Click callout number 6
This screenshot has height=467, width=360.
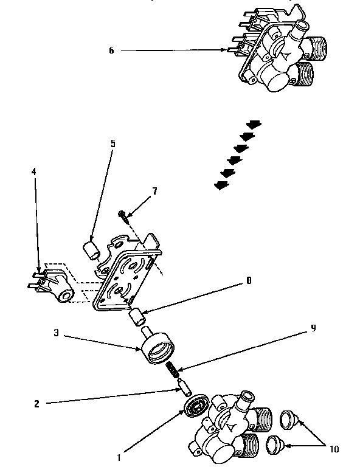[111, 50]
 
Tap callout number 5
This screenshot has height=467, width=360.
[112, 144]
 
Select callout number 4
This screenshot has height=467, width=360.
[35, 172]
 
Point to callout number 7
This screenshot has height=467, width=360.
[154, 191]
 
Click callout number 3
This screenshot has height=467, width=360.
[56, 333]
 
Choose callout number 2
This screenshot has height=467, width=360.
[38, 403]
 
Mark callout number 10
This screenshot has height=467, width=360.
[333, 450]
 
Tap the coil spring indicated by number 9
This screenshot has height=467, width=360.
[173, 368]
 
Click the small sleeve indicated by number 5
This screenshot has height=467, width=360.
[91, 249]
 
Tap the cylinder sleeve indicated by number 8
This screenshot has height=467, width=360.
[139, 317]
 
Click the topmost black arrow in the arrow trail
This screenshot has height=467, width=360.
[254, 124]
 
